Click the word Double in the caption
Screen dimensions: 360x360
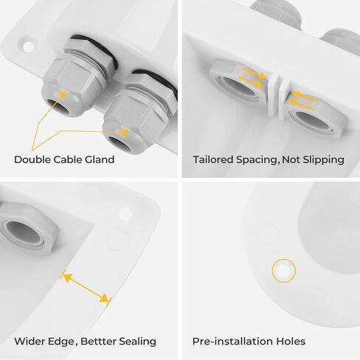[x=32, y=160]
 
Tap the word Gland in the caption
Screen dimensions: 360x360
[x=100, y=160]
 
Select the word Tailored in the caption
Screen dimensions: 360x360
[x=213, y=160]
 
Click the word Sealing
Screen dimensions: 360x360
[x=138, y=342]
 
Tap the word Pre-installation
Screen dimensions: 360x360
[x=232, y=342]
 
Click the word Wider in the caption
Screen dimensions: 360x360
[x=30, y=342]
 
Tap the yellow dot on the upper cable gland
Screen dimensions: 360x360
[x=63, y=94]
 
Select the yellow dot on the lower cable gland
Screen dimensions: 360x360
[x=125, y=132]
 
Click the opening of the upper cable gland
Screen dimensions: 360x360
[x=58, y=106]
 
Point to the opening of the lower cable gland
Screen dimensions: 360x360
[x=120, y=144]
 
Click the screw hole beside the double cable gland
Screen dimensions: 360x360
[x=28, y=46]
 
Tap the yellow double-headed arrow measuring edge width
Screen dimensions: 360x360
[x=86, y=288]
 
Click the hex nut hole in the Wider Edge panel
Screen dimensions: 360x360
[x=23, y=232]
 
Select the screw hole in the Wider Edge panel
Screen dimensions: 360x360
[x=125, y=214]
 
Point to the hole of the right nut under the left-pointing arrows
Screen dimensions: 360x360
[x=312, y=120]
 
